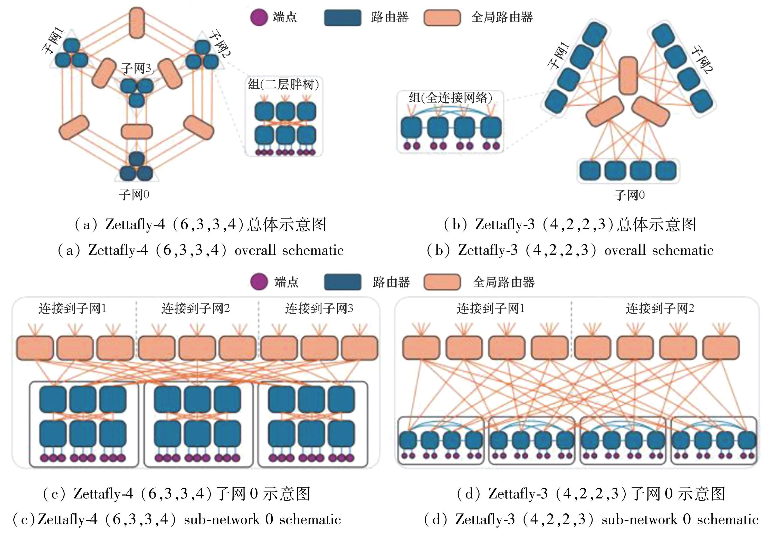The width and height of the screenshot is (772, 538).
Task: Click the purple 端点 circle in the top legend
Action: click(259, 17)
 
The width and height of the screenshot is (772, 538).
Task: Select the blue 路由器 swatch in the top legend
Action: click(342, 17)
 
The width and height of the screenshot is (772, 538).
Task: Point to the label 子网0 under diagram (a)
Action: click(134, 195)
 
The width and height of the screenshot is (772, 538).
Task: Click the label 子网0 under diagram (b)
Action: click(629, 195)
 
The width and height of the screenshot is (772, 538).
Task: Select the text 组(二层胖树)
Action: click(283, 84)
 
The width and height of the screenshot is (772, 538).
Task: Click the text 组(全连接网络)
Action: click(450, 98)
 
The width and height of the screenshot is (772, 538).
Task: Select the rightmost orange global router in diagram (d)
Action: click(721, 348)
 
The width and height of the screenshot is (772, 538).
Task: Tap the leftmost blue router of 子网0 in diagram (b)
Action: click(590, 171)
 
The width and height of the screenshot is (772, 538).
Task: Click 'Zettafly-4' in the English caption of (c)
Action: click(67, 520)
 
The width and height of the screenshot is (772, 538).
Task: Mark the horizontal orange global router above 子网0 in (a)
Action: click(137, 131)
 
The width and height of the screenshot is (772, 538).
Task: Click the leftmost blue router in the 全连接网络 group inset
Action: click(411, 128)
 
